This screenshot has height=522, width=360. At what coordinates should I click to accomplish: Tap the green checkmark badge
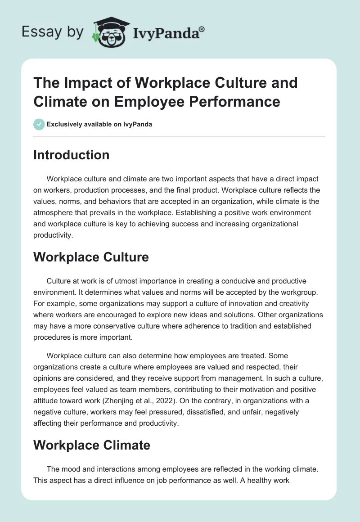pos(39,124)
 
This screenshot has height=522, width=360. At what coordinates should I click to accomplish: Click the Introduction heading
pos(71,155)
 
